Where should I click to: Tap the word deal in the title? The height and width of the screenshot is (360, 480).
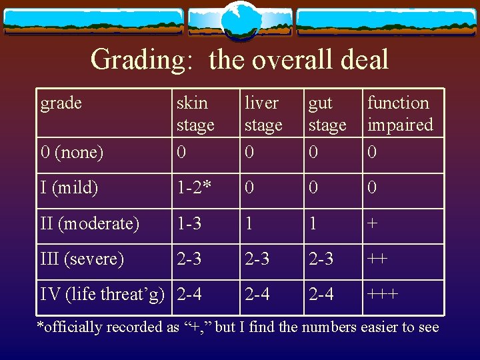click(364, 59)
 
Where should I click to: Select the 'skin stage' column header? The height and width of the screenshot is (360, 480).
click(195, 113)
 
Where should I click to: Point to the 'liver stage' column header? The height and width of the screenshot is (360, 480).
click(263, 113)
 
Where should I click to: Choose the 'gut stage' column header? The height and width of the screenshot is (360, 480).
click(327, 113)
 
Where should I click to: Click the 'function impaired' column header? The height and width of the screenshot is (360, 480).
click(400, 113)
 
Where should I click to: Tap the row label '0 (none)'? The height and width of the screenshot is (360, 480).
click(72, 153)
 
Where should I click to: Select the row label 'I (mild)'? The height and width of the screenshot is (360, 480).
click(69, 188)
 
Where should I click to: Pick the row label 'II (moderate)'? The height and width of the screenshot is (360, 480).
click(90, 223)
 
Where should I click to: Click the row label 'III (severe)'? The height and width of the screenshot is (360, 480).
click(82, 259)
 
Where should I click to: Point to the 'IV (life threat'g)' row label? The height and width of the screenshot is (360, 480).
click(102, 294)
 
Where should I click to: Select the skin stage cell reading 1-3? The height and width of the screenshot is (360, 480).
click(189, 223)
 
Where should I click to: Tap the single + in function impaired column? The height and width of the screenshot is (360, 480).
click(373, 223)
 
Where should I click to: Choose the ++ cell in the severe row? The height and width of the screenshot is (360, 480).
click(377, 259)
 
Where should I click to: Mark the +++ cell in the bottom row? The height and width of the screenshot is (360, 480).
click(383, 294)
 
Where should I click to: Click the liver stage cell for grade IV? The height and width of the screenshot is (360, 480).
click(257, 294)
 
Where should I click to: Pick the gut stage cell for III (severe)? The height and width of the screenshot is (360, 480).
click(321, 259)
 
